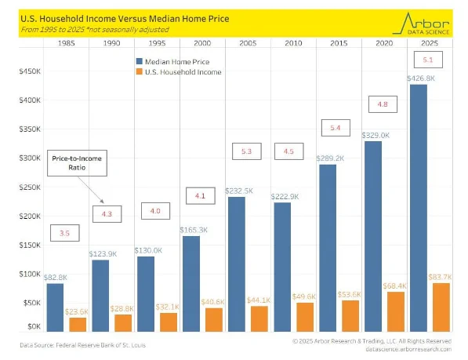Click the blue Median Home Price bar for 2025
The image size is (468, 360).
[419, 208]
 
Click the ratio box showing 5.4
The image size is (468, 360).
[335, 127]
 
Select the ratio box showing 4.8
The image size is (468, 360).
[382, 104]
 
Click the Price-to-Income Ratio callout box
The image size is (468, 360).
[77, 162]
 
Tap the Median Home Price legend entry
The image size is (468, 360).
[177, 60]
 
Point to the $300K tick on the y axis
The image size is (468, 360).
[29, 158]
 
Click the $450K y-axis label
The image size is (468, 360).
[29, 71]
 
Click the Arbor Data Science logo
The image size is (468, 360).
[422, 23]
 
